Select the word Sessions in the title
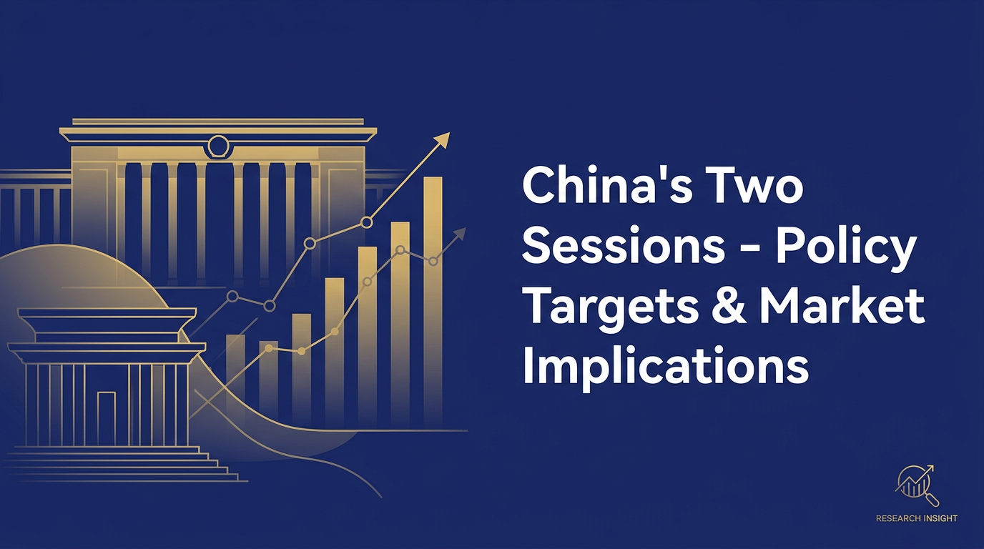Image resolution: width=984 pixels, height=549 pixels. point(620,247)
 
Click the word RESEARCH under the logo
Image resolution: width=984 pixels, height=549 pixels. point(899,518)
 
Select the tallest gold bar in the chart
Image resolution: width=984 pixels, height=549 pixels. point(433,300)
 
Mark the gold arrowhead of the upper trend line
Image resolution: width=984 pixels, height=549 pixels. point(443,139)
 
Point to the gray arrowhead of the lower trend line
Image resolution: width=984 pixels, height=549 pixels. point(459,234)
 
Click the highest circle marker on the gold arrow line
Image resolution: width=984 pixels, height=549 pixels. point(367,222)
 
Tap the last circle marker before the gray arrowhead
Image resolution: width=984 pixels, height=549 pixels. point(433,262)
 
